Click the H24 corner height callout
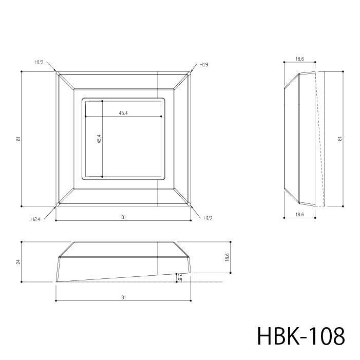[x=35, y=219]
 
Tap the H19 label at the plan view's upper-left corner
[x=39, y=62]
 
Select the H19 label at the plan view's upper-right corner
[x=204, y=65]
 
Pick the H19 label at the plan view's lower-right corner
[x=208, y=218]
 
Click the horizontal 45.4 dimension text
[x=123, y=113]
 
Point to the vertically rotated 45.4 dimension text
[x=99, y=139]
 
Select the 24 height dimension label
[x=18, y=262]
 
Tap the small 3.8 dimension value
[x=180, y=277]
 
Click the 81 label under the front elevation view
[x=124, y=297]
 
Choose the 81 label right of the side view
[x=340, y=139]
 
